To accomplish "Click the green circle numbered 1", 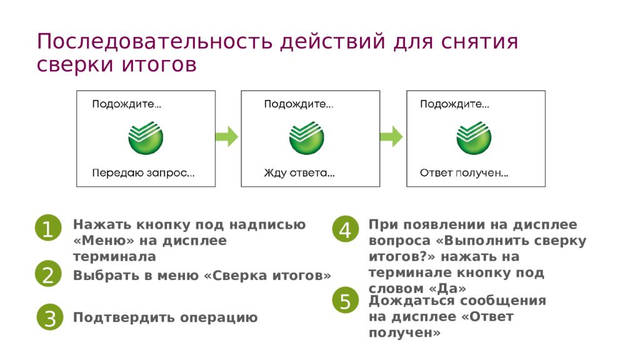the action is pyautogui.click(x=48, y=227).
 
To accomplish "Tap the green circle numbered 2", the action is pyautogui.click(x=48, y=274).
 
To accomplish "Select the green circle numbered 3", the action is pyautogui.click(x=50, y=317).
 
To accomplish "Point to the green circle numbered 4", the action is pyautogui.click(x=345, y=229).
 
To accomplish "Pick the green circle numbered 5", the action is pyautogui.click(x=345, y=301).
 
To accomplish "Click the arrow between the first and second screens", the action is pyautogui.click(x=226, y=136).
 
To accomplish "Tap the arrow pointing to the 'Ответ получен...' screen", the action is pyautogui.click(x=391, y=136).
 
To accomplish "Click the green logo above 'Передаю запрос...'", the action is pyautogui.click(x=146, y=138).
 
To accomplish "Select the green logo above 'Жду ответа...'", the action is pyautogui.click(x=306, y=138).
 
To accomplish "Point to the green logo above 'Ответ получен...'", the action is pyautogui.click(x=474, y=138).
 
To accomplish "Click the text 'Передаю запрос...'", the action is pyautogui.click(x=143, y=173).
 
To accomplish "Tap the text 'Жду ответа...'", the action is pyautogui.click(x=299, y=173).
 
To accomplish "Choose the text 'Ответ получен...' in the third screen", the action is pyautogui.click(x=464, y=173).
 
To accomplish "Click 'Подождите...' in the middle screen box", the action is pyautogui.click(x=299, y=104).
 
